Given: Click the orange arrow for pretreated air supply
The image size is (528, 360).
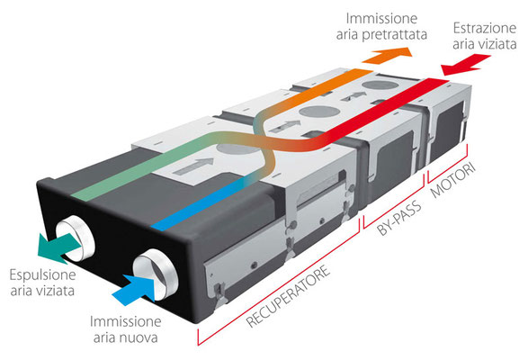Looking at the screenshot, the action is tap(388, 55).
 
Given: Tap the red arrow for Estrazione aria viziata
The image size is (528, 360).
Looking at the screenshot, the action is tap(465, 65).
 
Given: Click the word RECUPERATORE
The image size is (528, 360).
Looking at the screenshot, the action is tap(288, 297).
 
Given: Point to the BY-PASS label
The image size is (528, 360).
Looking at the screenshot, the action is tap(399, 218).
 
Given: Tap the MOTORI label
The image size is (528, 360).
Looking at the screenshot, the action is tap(453, 181).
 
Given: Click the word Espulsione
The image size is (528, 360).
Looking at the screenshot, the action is tap(42, 275).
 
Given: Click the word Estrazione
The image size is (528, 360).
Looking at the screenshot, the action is tap(485, 28).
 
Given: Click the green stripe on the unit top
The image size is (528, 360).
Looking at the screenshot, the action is tap(141, 166).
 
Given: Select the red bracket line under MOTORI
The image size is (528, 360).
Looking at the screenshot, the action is tap(448, 165).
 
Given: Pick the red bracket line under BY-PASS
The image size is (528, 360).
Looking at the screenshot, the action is tap(393, 202).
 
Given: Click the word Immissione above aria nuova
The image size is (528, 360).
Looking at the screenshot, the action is tap(126, 322).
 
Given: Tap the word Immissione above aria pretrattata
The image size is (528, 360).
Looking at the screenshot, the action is tap(381, 19).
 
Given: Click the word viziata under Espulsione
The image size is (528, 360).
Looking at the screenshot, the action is tap(57, 291).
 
